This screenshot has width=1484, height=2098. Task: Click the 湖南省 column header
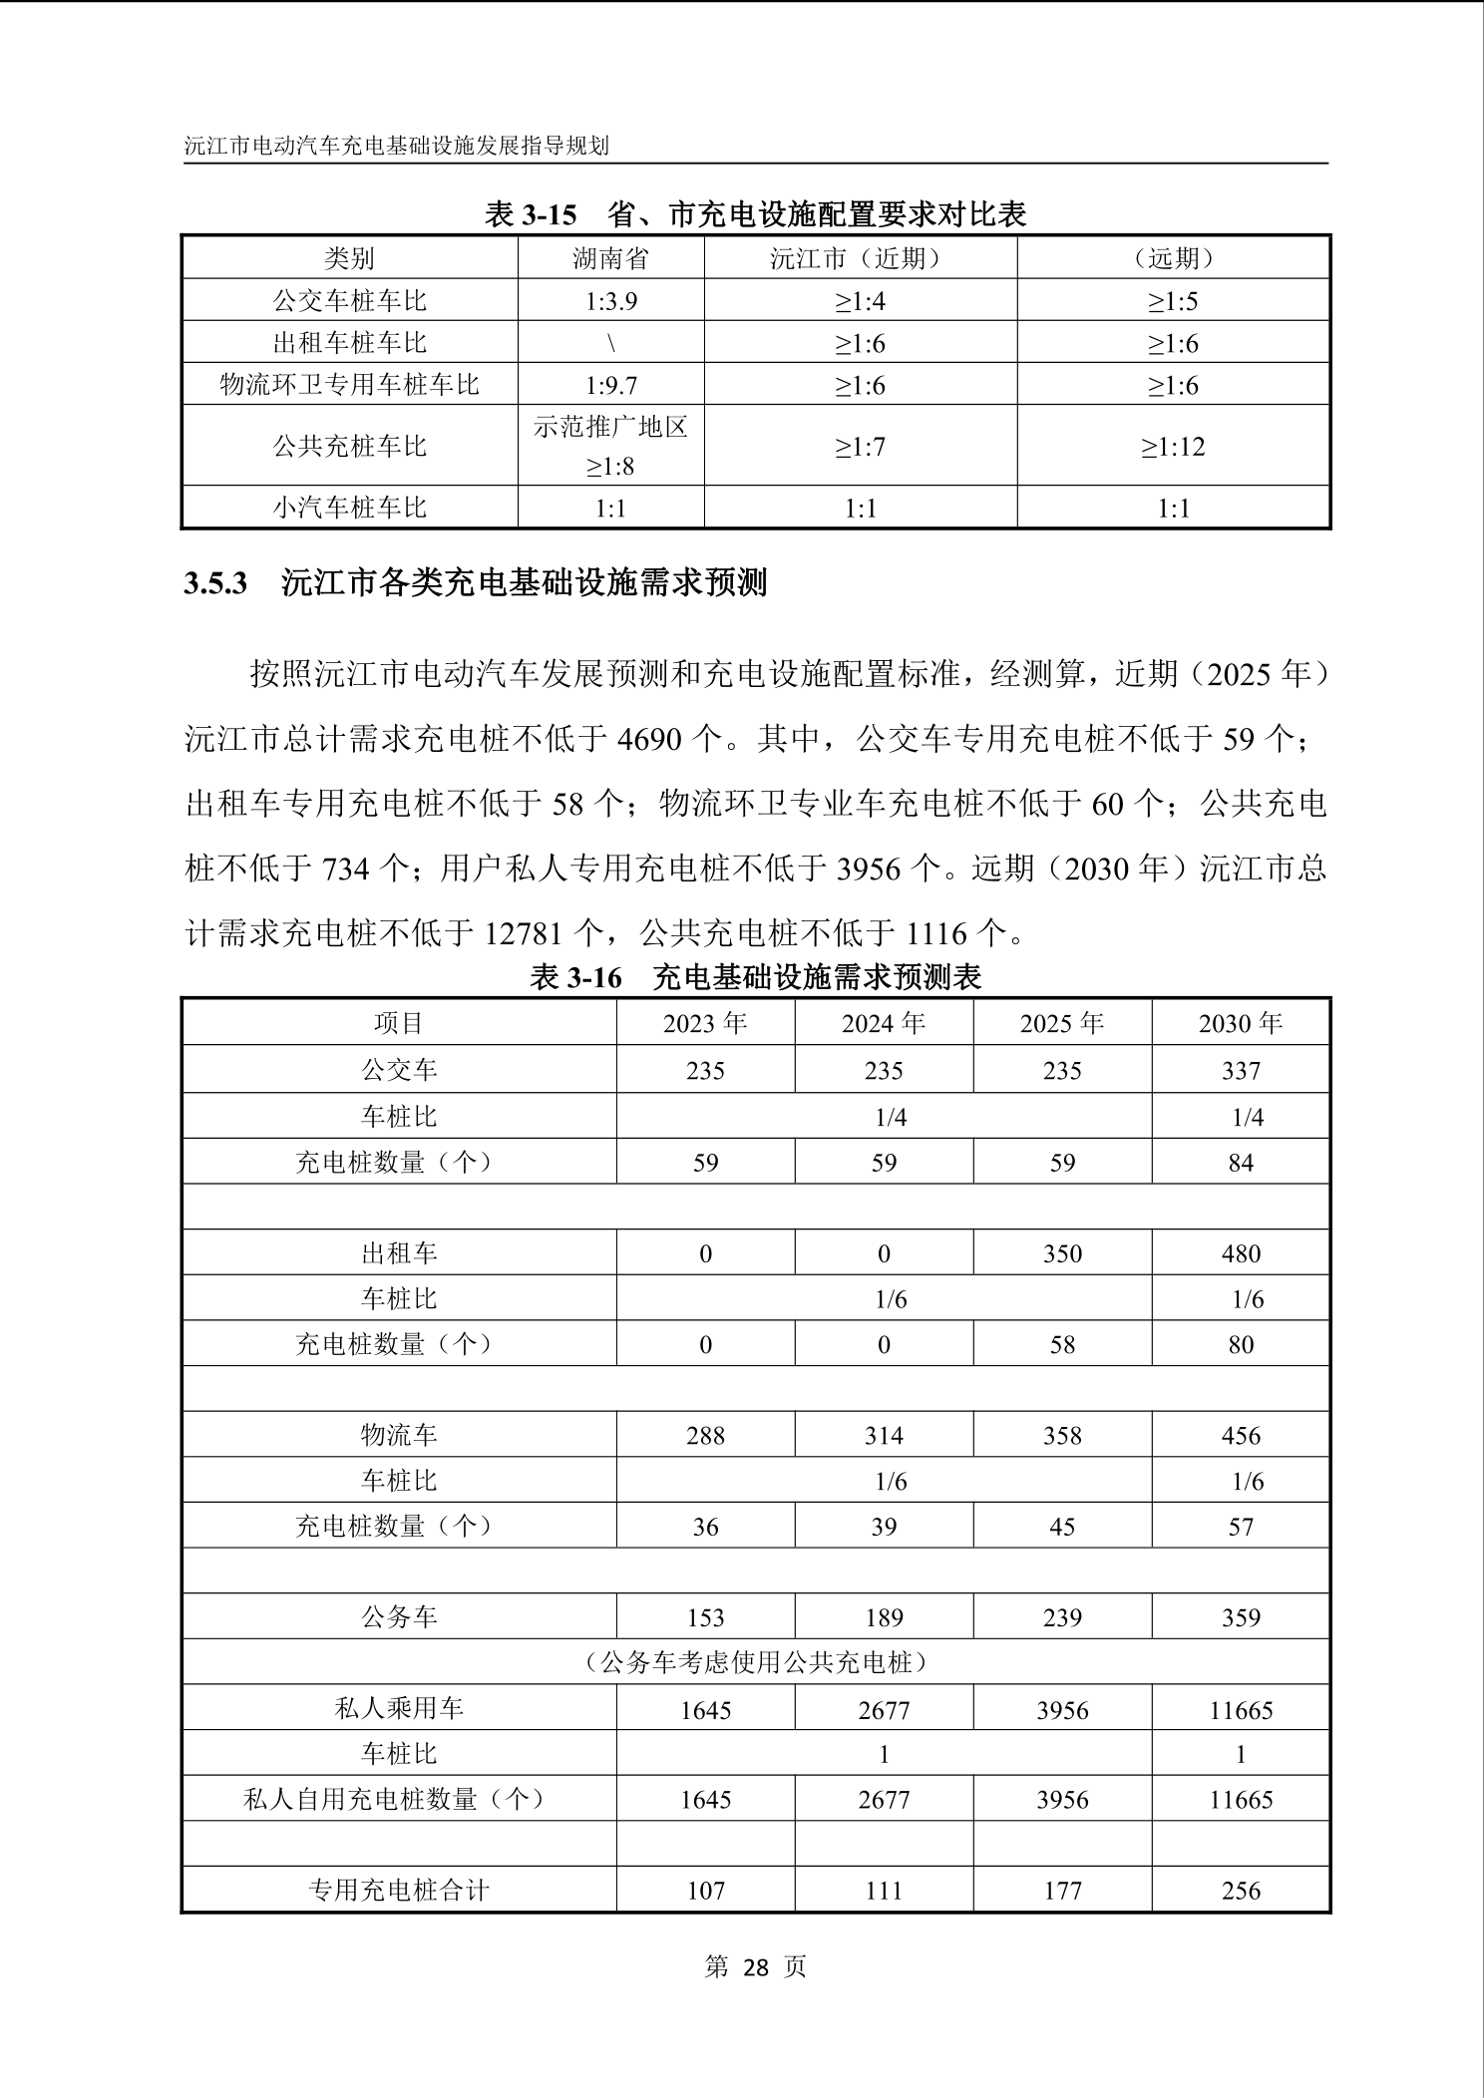[610, 258]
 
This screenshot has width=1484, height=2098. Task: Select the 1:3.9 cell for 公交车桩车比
[610, 301]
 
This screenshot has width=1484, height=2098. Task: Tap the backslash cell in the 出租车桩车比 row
[610, 343]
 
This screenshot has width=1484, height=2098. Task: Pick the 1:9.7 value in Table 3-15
[610, 385]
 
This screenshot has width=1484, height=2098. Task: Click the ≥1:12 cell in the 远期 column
[1173, 447]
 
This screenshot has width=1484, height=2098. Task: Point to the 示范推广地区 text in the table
[610, 427]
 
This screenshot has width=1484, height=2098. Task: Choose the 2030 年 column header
[1240, 1023]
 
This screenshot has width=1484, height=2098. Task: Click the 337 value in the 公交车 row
[1240, 1071]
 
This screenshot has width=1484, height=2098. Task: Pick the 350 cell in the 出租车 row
[1062, 1253]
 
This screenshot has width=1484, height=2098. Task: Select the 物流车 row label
[399, 1435]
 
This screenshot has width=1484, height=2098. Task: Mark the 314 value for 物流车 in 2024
[884, 1435]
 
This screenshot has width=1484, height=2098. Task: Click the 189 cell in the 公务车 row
[884, 1617]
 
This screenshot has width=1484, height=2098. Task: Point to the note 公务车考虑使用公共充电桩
[755, 1662]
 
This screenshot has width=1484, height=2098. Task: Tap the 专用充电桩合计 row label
[399, 1891]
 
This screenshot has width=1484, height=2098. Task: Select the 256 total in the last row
[1240, 1891]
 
